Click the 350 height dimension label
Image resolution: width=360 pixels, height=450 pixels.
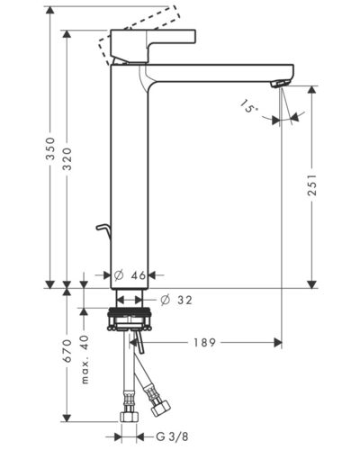point(50,148)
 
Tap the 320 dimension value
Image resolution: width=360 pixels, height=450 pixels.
point(67,158)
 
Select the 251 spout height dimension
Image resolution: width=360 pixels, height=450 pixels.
point(312,184)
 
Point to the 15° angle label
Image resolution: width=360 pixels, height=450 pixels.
point(248,106)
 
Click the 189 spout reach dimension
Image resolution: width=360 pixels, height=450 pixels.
point(204,343)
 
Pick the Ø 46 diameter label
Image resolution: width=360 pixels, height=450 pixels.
point(130,274)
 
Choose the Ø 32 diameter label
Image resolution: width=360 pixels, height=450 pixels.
point(175,300)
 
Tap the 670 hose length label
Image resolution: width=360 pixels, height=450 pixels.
point(67,351)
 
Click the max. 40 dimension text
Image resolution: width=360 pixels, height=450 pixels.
point(85,359)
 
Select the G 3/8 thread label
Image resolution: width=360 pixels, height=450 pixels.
point(172,436)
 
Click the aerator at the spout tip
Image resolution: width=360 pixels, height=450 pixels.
point(281,83)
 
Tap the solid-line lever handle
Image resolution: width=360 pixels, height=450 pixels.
point(153,46)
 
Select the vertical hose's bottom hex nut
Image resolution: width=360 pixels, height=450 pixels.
point(130,417)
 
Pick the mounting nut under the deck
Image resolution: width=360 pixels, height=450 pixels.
point(129,319)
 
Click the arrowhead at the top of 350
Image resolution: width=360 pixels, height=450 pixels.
point(50,10)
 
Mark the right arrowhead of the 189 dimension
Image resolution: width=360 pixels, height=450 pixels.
point(278,342)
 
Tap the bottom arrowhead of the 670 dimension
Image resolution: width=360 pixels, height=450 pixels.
point(67,418)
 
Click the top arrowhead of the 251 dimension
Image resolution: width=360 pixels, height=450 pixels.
point(312,90)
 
